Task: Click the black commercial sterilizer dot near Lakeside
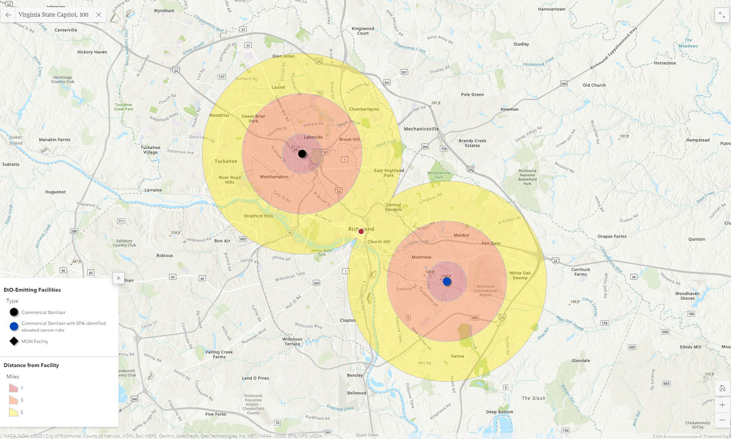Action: tap(302, 154)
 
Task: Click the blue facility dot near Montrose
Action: tap(447, 281)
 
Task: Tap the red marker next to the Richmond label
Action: tap(361, 232)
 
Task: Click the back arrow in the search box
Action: tap(8, 15)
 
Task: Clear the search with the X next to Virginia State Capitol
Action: tap(98, 15)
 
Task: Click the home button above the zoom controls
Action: tap(722, 389)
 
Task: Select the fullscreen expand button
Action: tap(722, 15)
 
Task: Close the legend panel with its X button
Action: tap(118, 278)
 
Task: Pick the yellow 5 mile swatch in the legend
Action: tap(13, 412)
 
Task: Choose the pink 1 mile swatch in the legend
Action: tap(13, 388)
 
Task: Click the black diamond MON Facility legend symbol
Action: tap(14, 341)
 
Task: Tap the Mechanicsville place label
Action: tap(421, 129)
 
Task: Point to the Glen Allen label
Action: tap(283, 56)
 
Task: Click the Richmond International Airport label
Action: tap(485, 291)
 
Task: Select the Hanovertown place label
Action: tap(552, 9)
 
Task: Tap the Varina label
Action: tap(457, 356)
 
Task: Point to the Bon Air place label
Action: tap(222, 241)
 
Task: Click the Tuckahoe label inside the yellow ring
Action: tap(226, 161)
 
